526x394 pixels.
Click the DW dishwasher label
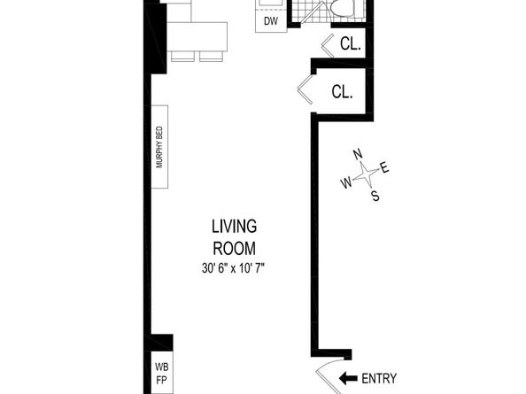tap(271, 21)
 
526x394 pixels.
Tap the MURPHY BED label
tap(159, 147)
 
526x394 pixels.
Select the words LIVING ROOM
tap(234, 237)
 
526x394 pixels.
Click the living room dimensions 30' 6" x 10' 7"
tap(233, 268)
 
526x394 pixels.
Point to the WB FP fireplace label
tap(162, 374)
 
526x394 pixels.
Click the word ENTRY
tap(379, 379)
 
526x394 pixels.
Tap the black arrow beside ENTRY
tap(348, 379)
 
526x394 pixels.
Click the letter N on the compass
tap(358, 154)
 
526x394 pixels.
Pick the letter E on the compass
tap(384, 166)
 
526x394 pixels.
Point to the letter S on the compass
tap(375, 195)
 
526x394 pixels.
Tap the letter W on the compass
tap(346, 182)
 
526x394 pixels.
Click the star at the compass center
tap(366, 174)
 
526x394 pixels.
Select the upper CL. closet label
tap(350, 43)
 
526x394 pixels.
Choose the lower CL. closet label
tap(342, 91)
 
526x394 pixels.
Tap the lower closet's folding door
tap(305, 89)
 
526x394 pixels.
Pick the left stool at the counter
tap(182, 57)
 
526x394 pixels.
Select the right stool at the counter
tap(211, 57)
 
